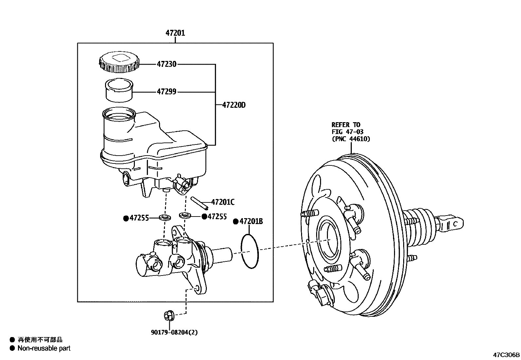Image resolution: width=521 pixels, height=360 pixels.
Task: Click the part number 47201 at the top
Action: [x=175, y=33]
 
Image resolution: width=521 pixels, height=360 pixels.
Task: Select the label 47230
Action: [x=166, y=65]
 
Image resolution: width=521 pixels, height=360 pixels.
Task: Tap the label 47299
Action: [x=166, y=92]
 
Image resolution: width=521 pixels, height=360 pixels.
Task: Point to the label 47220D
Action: [x=234, y=105]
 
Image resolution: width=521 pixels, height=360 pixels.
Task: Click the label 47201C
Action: [x=223, y=202]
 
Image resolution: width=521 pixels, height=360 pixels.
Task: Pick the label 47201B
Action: [x=251, y=221]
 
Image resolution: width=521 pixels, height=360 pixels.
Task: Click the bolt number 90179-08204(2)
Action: [x=174, y=332]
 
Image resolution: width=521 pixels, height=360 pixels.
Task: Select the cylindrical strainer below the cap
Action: [x=118, y=89]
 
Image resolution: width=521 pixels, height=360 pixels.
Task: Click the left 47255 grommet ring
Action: [x=165, y=217]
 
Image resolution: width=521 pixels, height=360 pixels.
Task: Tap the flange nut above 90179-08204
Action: [x=168, y=315]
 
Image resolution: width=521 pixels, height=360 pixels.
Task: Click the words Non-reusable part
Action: [x=44, y=349]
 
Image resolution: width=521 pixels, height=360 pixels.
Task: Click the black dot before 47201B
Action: [x=235, y=222]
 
